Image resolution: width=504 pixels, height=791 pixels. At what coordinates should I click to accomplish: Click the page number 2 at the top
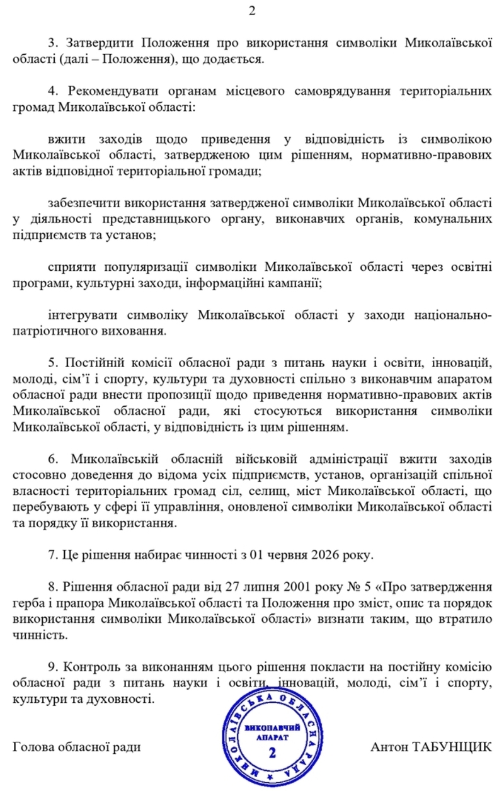tap(252, 11)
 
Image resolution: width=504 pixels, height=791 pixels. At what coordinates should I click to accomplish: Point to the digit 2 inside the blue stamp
tap(272, 753)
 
